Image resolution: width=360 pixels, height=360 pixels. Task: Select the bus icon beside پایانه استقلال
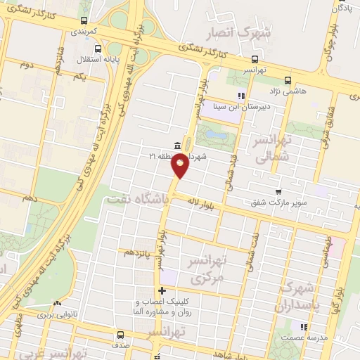pos(98,49)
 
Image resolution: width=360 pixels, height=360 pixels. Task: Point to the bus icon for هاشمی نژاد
pos(288,80)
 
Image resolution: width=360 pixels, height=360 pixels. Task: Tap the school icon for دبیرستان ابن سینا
pos(240,96)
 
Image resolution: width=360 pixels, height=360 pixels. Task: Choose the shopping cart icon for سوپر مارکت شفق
pos(278,191)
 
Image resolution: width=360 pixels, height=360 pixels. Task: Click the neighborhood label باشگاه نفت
pos(137,200)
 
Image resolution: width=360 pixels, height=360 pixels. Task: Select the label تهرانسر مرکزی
pos(207,269)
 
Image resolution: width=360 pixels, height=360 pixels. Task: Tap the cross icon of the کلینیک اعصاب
pos(162,290)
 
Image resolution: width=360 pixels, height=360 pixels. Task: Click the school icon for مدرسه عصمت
pos(304,327)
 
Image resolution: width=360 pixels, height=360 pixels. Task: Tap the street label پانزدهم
pos(136,251)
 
